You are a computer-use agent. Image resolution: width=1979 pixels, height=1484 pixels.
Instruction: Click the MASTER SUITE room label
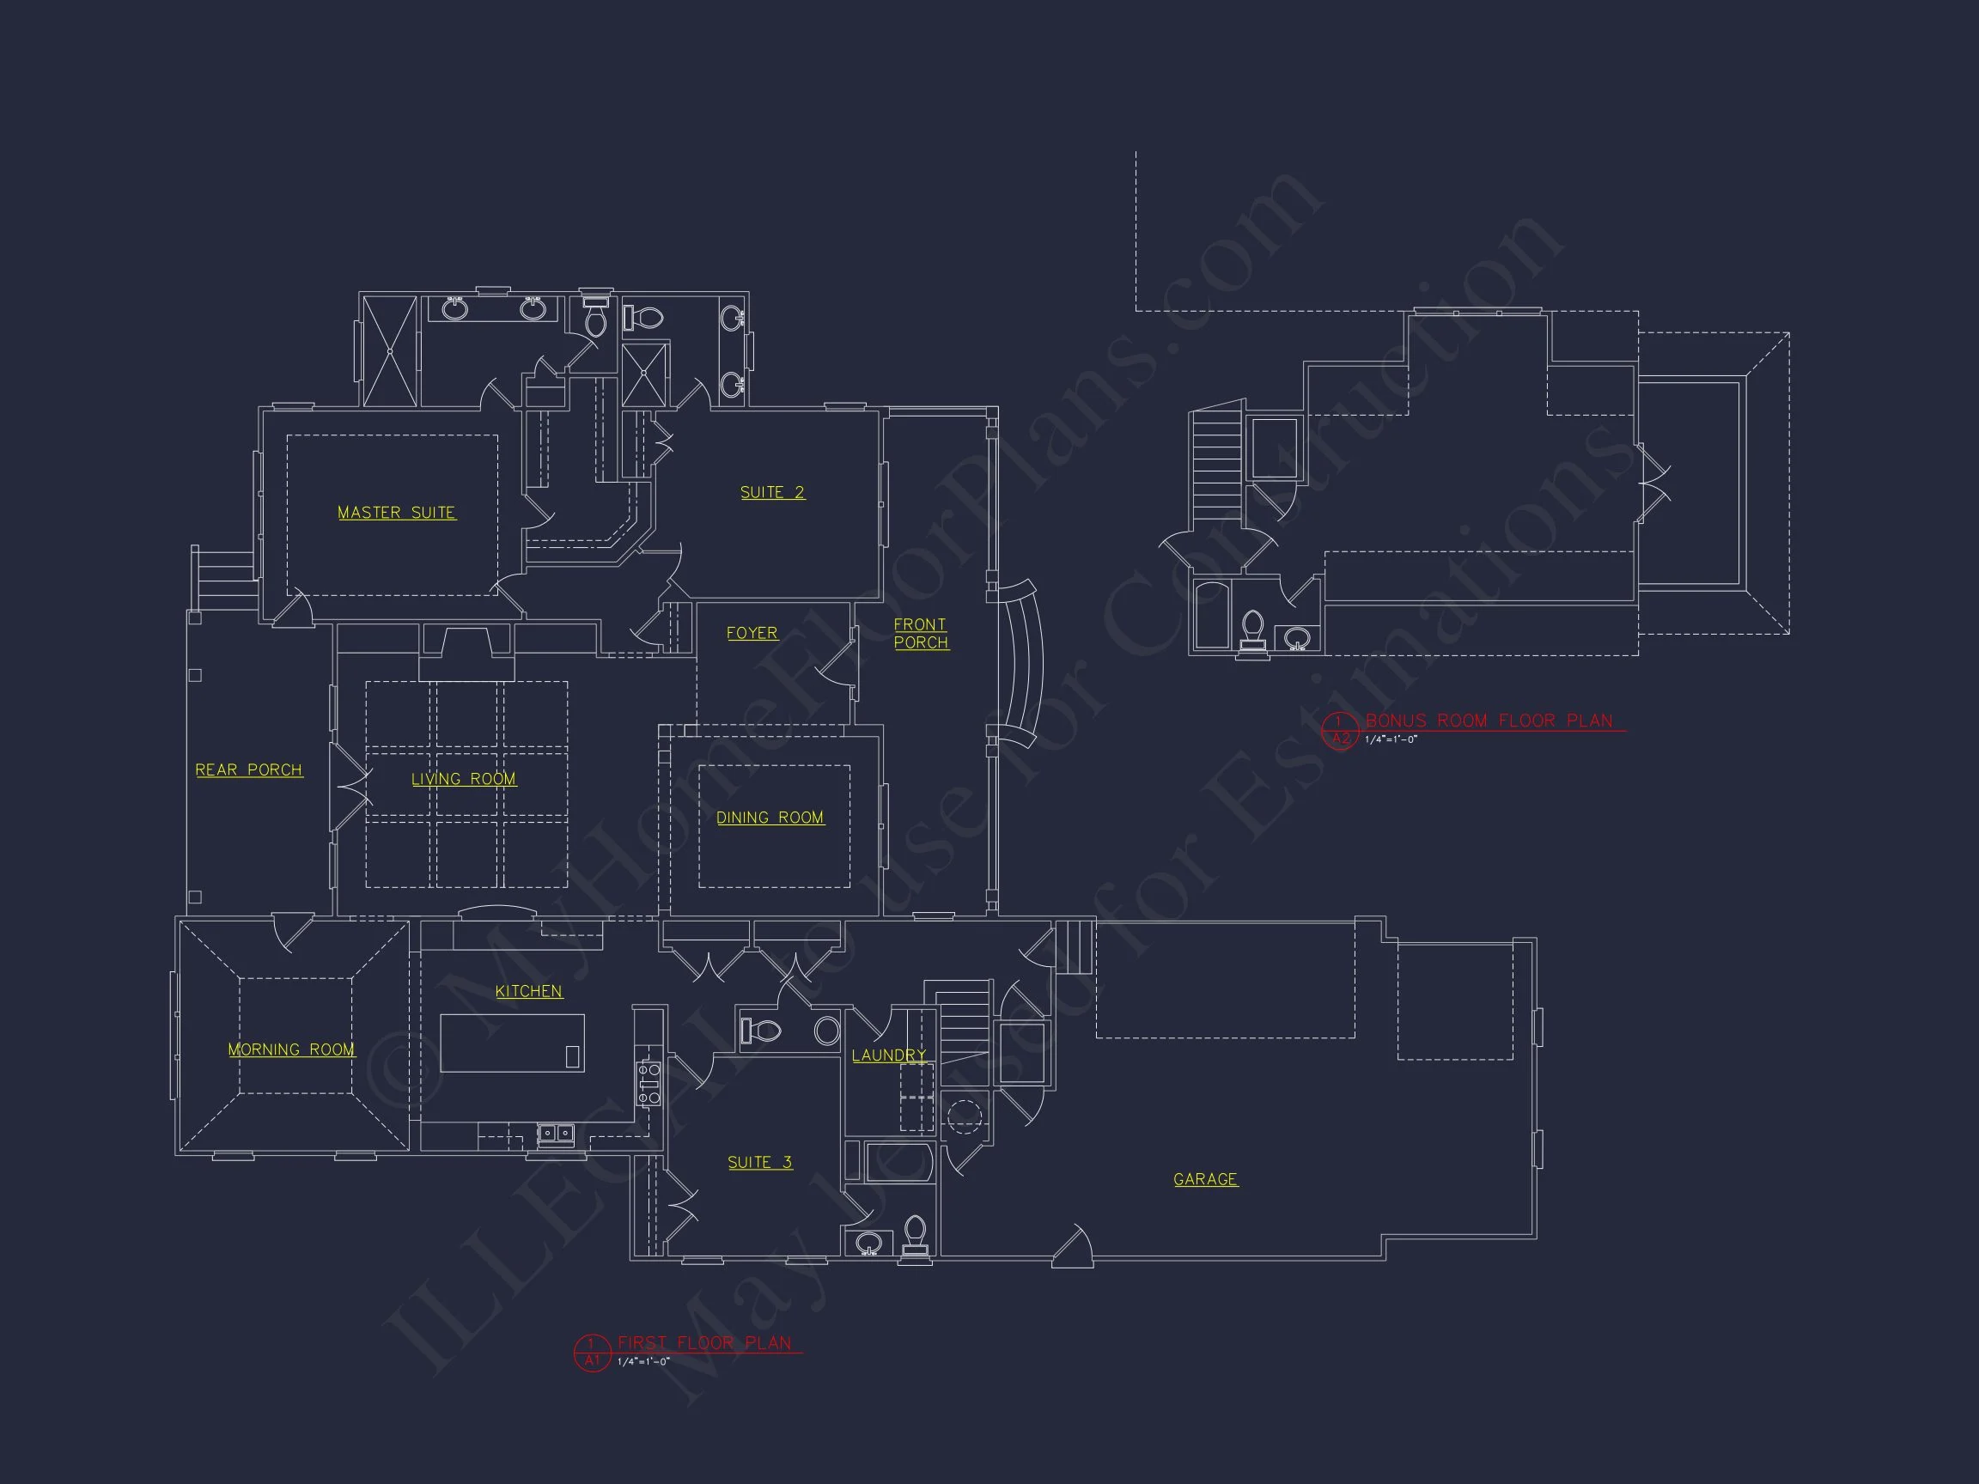pos(396,513)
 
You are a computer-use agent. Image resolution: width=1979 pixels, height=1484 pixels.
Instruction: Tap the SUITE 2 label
pos(772,493)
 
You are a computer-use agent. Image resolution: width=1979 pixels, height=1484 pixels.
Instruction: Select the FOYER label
pos(752,633)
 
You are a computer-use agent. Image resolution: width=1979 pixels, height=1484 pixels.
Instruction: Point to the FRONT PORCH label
pos(921,633)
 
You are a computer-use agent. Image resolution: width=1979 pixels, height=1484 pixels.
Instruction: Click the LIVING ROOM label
pos(464,779)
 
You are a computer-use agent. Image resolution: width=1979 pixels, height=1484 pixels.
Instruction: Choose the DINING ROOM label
pos(770,818)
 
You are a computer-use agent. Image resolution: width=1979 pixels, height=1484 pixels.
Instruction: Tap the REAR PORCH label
pos(249,770)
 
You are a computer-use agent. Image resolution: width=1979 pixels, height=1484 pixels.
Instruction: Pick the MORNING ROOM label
pos(291,1049)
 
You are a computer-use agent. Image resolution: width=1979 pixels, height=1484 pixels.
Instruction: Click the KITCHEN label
pos(529,991)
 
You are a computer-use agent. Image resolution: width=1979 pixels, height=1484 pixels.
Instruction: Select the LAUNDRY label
pos(888,1055)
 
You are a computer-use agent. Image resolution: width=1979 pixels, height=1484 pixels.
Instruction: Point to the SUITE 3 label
pos(759,1162)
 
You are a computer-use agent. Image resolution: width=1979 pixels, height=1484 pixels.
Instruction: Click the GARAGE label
pos(1205,1179)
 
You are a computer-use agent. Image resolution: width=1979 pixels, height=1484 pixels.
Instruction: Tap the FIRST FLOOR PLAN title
pos(705,1342)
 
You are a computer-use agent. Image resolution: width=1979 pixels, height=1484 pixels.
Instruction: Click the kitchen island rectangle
pos(512,1043)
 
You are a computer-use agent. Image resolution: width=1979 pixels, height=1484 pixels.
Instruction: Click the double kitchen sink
pos(556,1134)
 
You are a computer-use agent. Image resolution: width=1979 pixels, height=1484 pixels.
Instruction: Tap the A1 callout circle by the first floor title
pos(591,1352)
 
